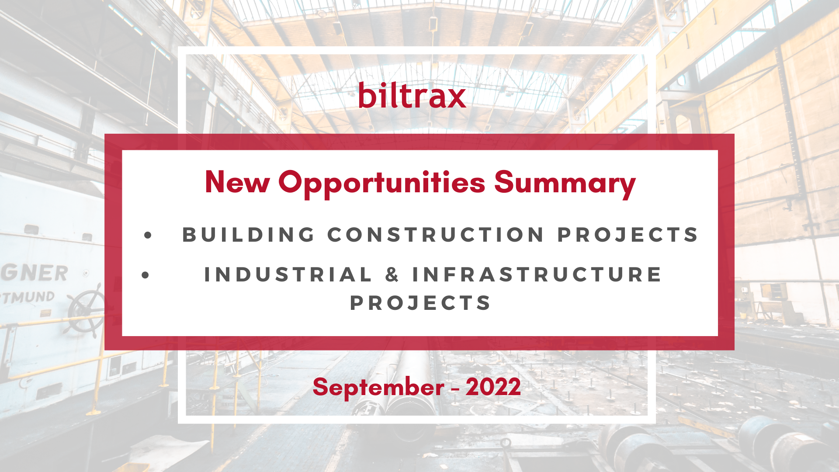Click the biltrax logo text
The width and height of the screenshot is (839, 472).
pos(412,95)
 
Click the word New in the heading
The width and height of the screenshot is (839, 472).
pos(237,182)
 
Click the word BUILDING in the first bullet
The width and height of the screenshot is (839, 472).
pos(249,235)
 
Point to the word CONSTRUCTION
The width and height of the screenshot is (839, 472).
pos(436,235)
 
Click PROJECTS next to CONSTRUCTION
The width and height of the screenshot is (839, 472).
pos(628,235)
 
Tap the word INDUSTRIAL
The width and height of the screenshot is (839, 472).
pos(288,274)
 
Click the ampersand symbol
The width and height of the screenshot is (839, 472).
pos(392,274)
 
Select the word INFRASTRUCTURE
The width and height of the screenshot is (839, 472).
pos(537,274)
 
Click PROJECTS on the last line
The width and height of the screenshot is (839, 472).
pos(420,303)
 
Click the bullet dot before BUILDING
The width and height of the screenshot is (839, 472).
pos(148,236)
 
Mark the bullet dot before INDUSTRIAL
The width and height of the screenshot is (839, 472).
pos(146,275)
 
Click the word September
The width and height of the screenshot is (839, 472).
pos(378,388)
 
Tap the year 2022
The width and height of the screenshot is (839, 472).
pos(493,387)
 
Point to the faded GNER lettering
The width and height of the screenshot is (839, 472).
pos(34,273)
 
